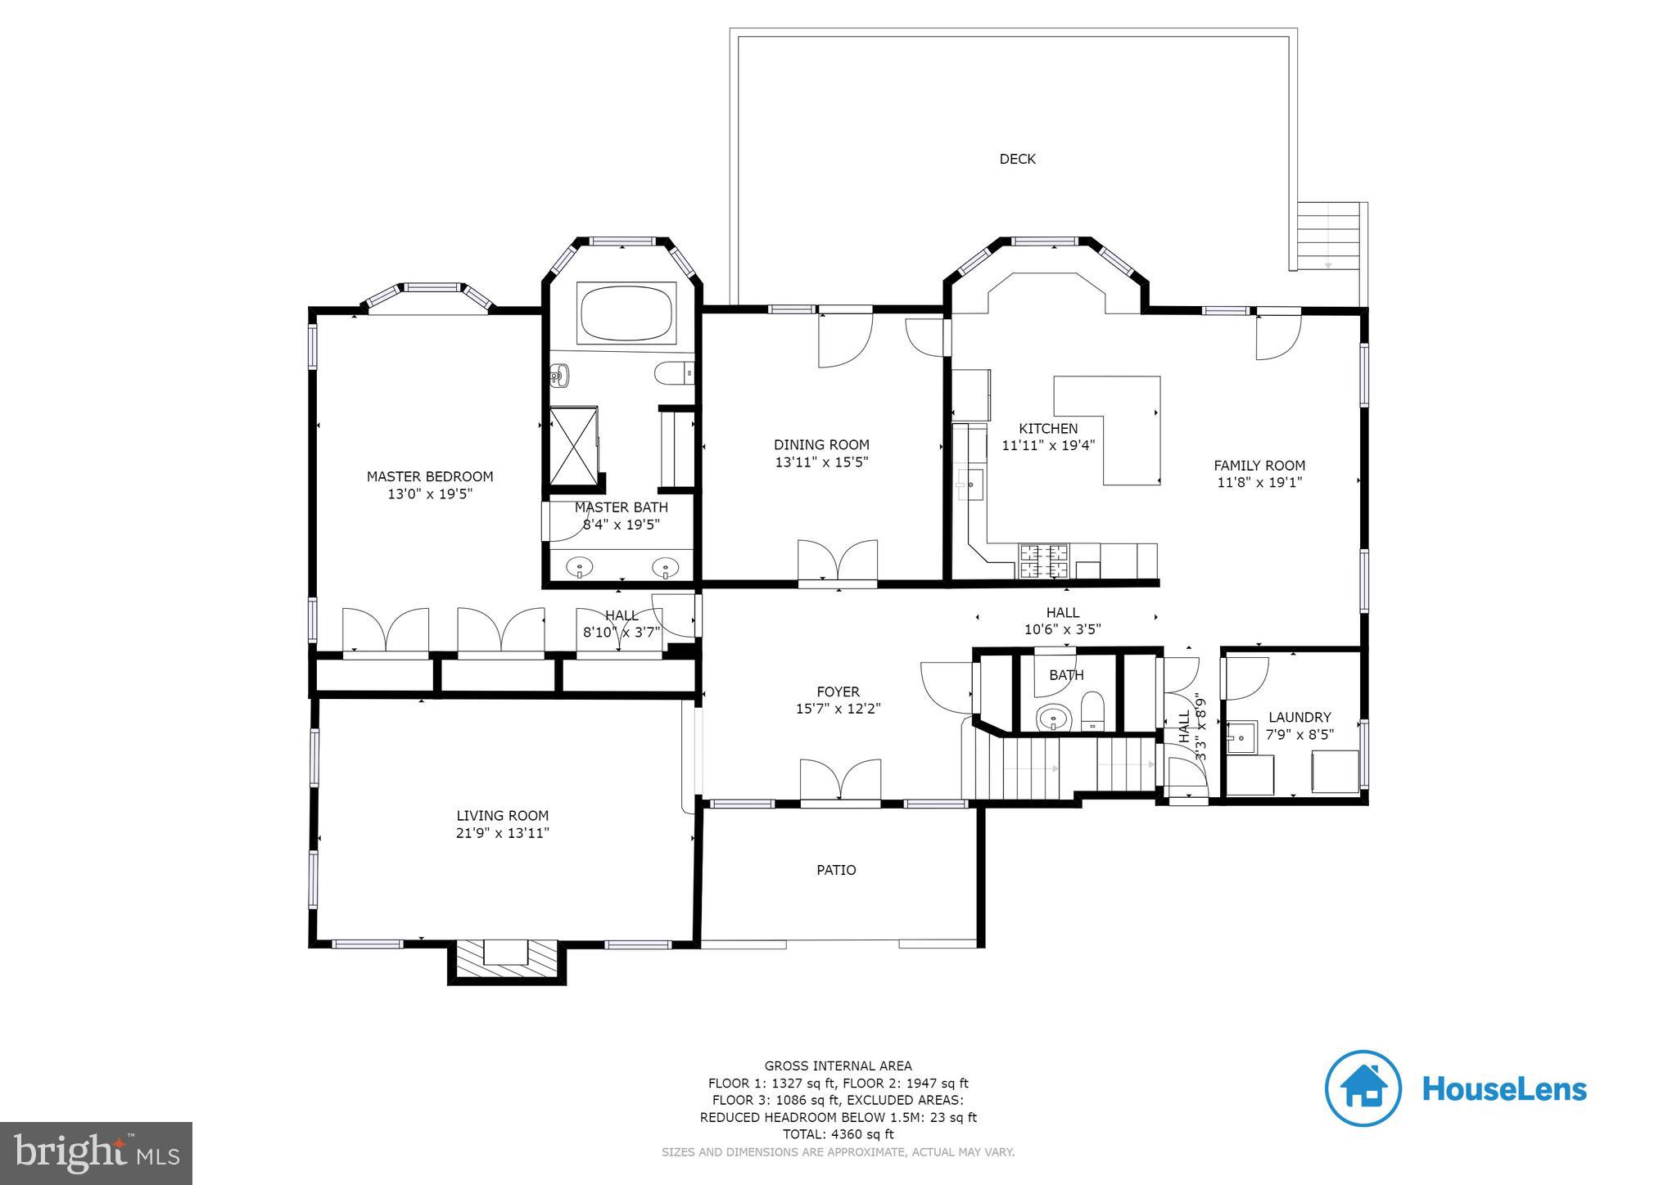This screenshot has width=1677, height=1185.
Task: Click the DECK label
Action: coord(1017,159)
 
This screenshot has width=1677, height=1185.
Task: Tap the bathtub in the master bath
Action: coord(626,313)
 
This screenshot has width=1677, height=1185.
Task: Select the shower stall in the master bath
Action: coord(573,446)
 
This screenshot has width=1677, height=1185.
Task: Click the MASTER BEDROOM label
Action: coord(430,476)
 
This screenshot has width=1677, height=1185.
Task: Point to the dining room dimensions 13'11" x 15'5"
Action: coord(821,462)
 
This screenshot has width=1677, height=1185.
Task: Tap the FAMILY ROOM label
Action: coord(1259,466)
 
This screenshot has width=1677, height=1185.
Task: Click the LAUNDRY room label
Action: coord(1299,717)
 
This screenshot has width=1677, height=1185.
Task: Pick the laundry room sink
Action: coord(1242,737)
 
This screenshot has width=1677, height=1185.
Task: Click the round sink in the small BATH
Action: coord(1052,719)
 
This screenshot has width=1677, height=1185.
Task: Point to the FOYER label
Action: coord(838,692)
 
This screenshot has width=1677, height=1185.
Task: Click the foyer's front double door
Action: coord(840,782)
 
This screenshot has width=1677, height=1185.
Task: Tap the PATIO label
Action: coord(836,870)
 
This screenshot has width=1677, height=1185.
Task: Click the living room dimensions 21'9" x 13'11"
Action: coord(502,833)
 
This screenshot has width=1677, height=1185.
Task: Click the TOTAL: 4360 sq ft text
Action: coord(838,1134)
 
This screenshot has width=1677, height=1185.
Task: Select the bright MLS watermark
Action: coord(96,1153)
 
